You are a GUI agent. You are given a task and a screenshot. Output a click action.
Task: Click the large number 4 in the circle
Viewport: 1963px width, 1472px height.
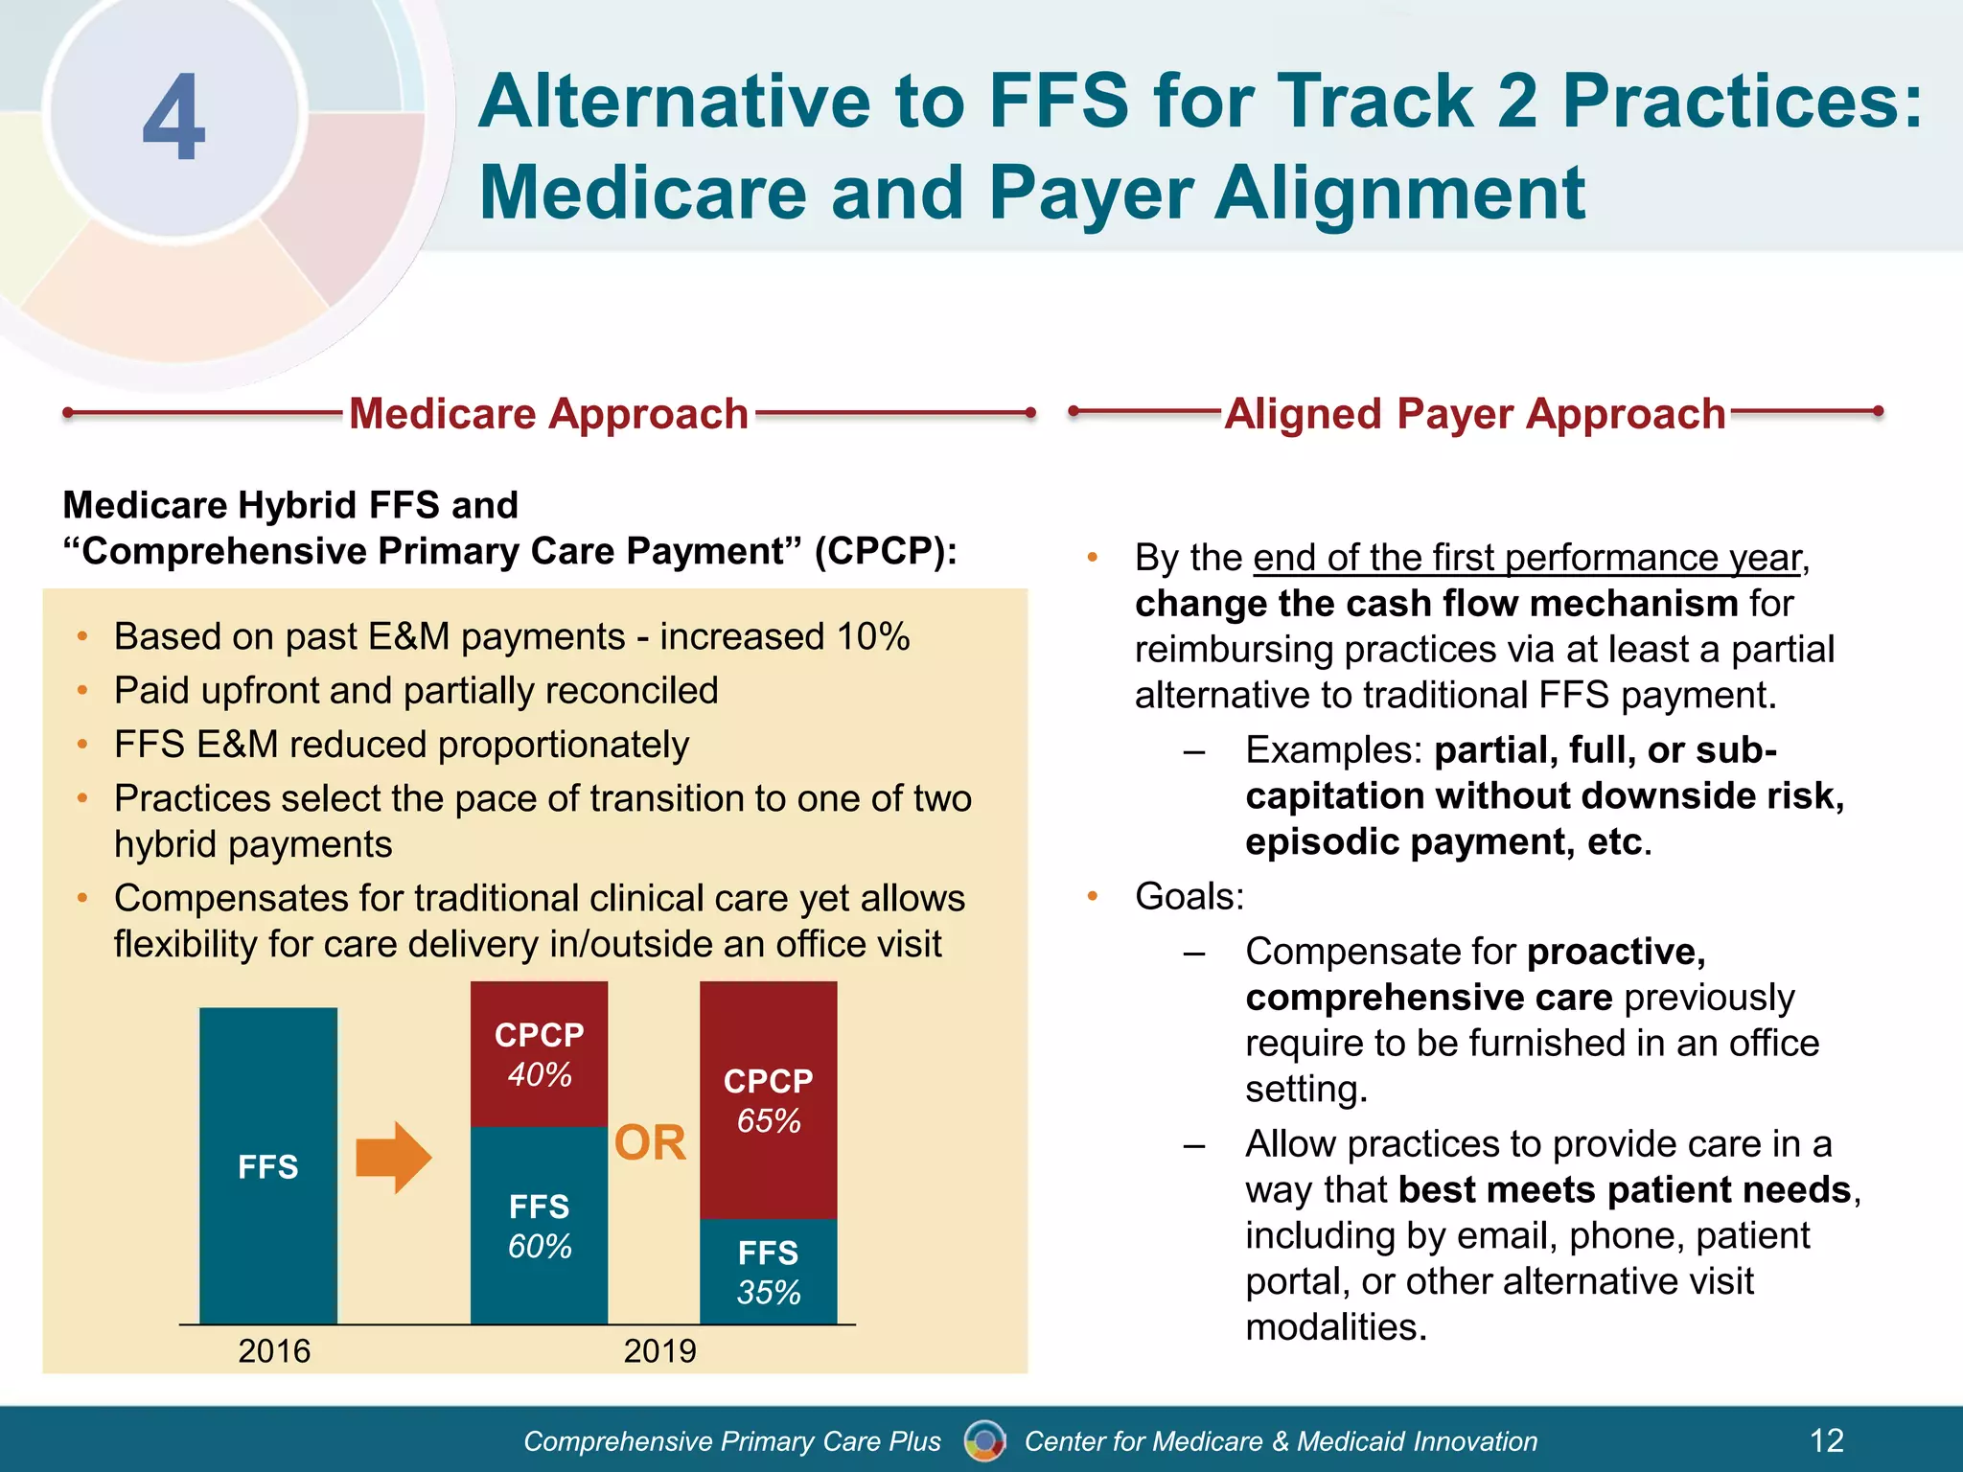pos(174,118)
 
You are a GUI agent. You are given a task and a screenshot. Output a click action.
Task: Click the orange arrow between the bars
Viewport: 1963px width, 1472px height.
pos(393,1158)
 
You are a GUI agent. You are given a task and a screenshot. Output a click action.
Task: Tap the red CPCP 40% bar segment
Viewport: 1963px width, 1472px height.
pos(539,1053)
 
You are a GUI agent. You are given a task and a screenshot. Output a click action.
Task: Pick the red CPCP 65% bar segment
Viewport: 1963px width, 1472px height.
pos(768,1099)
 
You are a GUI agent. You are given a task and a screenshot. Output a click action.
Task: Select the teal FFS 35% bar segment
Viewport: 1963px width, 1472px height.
pos(768,1271)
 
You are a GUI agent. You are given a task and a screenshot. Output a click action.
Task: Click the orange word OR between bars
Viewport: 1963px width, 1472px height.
pos(650,1142)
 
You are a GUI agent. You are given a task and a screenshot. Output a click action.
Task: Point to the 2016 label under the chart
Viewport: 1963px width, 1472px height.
pos(274,1350)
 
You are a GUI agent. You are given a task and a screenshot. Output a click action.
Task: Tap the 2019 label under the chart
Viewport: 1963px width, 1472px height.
pos(659,1350)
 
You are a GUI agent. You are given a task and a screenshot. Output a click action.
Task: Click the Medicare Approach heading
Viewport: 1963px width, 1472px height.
pos(548,414)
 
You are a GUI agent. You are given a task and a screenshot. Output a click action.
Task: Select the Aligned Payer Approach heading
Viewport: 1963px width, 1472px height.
pos(1475,414)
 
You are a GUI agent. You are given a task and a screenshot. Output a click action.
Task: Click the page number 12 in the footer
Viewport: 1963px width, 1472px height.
pos(1826,1439)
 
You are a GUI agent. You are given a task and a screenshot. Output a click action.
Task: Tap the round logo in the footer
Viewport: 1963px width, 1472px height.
pos(984,1439)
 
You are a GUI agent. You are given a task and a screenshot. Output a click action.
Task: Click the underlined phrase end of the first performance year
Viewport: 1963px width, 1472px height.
pos(1527,558)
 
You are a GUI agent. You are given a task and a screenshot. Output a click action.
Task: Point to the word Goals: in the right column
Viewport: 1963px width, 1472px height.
pos(1189,896)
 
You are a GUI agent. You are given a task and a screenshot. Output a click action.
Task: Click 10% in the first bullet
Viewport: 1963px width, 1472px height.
pos(872,636)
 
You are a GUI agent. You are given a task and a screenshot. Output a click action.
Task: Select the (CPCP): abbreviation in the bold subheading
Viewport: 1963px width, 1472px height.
pos(885,551)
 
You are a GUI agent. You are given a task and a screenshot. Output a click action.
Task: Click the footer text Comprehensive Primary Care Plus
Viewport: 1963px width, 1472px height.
pos(732,1440)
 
